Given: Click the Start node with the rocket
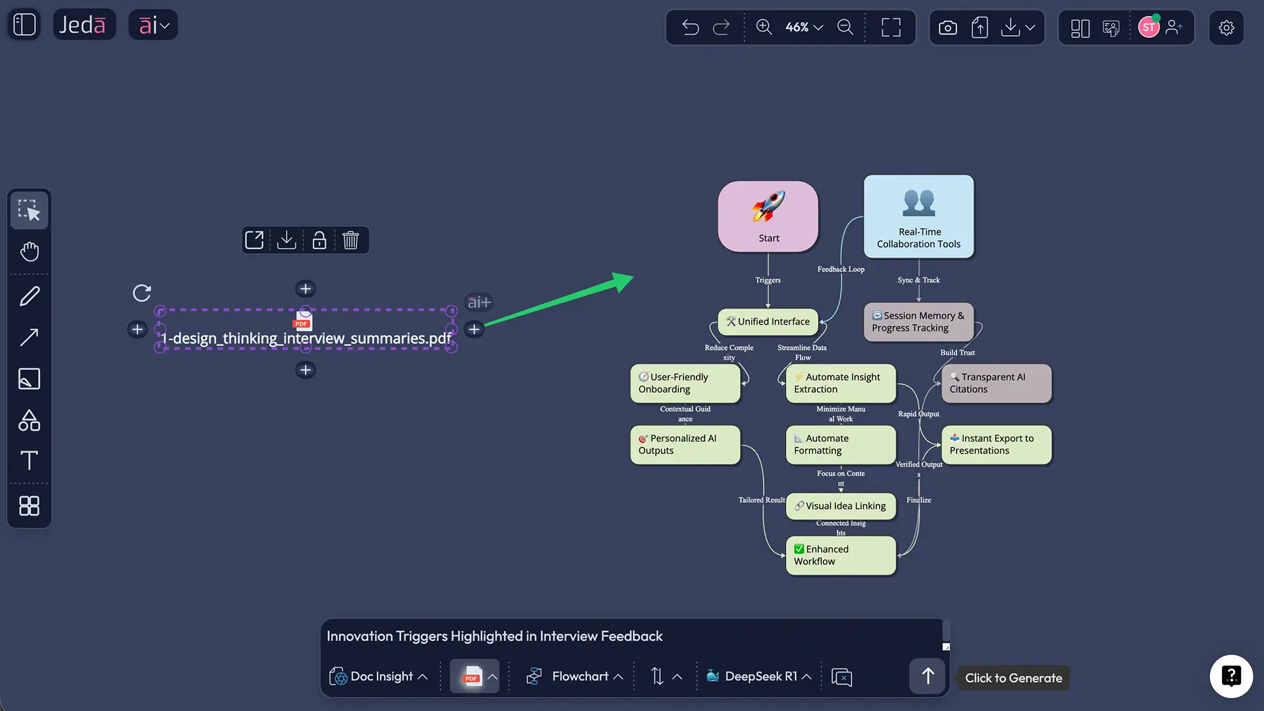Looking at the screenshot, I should coord(768,216).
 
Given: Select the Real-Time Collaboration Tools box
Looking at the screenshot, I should coord(918,216).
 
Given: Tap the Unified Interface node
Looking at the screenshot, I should coord(768,322).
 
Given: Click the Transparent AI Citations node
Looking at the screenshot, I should coord(996,383).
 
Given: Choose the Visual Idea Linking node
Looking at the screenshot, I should coord(841,506).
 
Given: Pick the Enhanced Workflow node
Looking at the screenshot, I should coord(841,555).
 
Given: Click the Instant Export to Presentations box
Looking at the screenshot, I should coord(996,444).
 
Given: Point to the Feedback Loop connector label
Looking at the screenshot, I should coord(841,269).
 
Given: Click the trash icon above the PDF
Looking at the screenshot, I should coord(350,240).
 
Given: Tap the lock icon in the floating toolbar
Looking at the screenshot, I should coord(319,240).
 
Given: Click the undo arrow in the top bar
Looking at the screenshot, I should coord(691,27).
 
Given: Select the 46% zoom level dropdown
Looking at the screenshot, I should coord(804,27).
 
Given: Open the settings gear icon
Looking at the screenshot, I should coord(1226,28).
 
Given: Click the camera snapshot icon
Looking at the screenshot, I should coord(947,28).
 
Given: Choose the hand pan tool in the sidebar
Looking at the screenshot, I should coord(30,251).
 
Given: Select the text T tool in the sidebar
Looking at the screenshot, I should coord(30,460).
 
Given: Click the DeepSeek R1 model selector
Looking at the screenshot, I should coord(758,676).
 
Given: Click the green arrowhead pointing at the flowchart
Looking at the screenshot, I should coord(621,281).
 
